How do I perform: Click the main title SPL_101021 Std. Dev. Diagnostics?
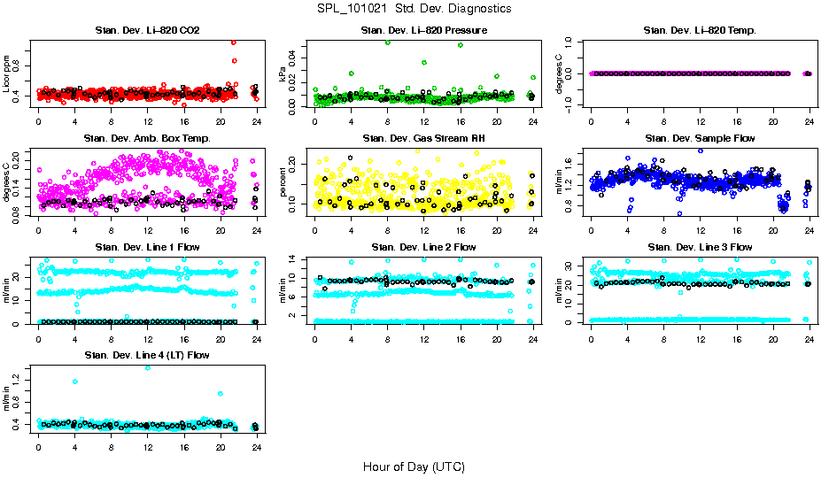(414, 8)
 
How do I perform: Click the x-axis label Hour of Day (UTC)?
(414, 466)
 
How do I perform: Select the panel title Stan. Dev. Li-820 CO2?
(147, 30)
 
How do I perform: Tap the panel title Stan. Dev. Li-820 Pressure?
(423, 30)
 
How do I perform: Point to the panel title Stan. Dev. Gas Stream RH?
(423, 138)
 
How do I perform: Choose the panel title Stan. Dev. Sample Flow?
(700, 138)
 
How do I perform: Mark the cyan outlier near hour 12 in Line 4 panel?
(147, 367)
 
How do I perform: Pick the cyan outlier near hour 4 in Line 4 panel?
(75, 382)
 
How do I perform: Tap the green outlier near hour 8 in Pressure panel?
(387, 42)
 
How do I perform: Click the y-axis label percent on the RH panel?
(283, 181)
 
